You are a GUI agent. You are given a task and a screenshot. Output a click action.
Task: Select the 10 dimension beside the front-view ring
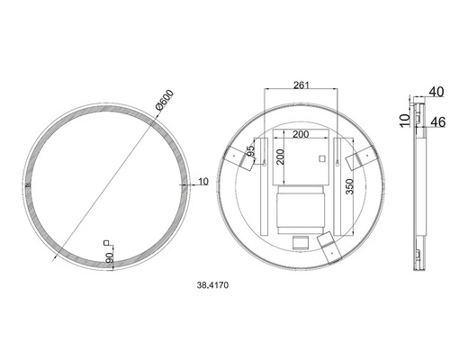click(202, 181)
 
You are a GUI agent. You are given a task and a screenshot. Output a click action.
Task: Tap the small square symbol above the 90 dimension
click(108, 242)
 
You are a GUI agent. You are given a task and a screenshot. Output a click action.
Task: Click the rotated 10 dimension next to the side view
click(405, 117)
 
